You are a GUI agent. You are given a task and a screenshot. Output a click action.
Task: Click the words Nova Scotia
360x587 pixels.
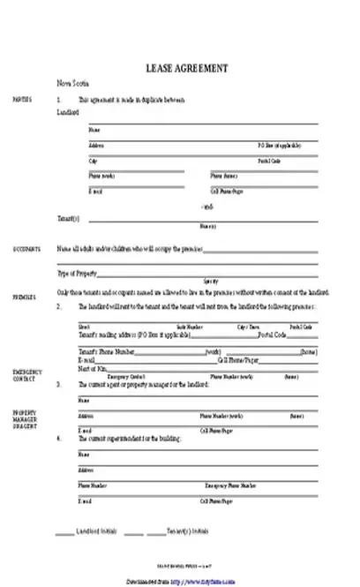pos(70,84)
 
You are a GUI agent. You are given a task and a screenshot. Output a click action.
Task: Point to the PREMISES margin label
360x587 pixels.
pos(24,297)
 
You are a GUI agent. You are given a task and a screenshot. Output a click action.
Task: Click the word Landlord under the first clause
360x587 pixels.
pos(68,113)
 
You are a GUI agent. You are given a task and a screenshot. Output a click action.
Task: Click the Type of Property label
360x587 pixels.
pos(78,273)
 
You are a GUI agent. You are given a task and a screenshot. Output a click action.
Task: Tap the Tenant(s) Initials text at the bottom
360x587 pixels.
pos(188,532)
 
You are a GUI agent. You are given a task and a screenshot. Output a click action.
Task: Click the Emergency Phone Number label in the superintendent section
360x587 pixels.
pos(231,485)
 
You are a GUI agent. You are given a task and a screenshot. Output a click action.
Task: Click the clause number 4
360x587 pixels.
pos(59,439)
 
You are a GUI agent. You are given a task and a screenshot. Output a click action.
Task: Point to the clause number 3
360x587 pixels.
pos(59,386)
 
